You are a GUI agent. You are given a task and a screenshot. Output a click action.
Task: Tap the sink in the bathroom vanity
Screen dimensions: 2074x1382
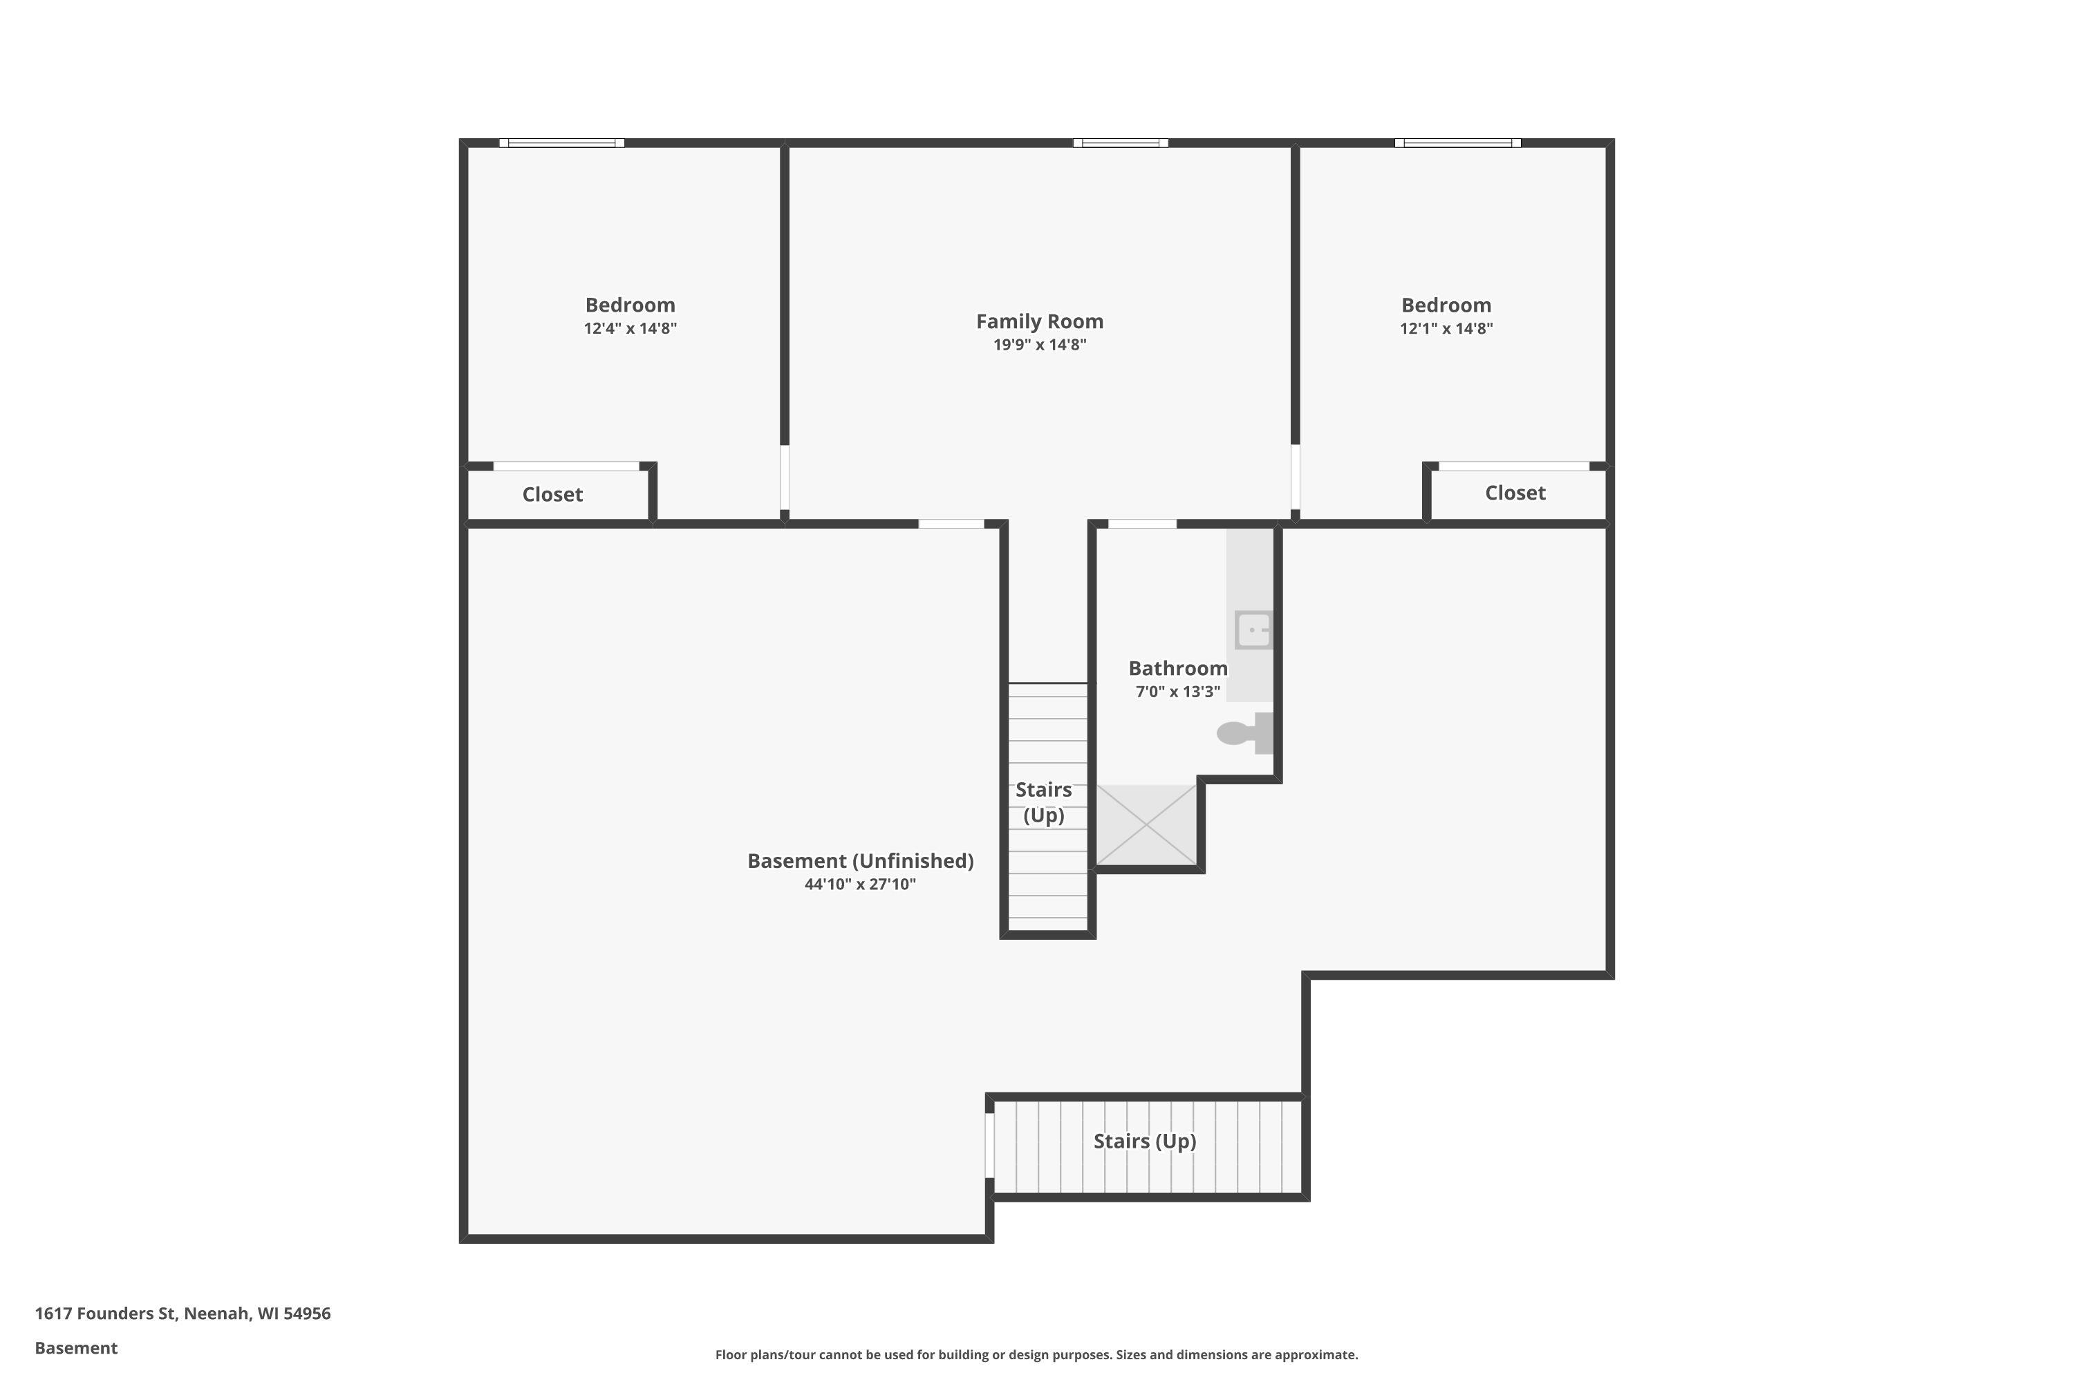click(1253, 630)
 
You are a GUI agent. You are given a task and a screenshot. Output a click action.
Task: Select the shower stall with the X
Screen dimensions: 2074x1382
click(1146, 825)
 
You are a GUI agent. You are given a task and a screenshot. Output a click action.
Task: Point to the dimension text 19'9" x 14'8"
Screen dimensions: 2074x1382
click(1040, 345)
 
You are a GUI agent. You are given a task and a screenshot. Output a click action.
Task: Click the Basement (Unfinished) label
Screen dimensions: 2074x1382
click(861, 861)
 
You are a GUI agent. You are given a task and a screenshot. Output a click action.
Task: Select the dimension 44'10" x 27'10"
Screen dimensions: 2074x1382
click(860, 884)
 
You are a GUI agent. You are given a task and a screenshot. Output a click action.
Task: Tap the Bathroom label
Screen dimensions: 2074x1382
click(1178, 668)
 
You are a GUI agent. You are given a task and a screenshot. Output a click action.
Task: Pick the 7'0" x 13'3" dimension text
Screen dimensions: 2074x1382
click(1178, 692)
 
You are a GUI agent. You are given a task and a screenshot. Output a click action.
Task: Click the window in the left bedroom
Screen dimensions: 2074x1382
click(561, 143)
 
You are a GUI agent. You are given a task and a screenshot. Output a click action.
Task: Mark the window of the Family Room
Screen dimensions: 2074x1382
click(1121, 143)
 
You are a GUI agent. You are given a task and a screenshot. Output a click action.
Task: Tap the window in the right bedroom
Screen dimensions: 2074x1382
click(1457, 143)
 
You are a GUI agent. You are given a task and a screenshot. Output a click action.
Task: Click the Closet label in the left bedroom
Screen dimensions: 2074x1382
click(553, 495)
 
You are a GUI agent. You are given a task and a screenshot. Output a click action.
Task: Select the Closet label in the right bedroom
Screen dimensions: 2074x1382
click(1515, 493)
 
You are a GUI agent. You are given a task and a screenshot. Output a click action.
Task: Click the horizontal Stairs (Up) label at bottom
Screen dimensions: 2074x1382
click(1145, 1142)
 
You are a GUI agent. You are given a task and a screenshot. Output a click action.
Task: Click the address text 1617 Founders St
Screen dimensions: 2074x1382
click(105, 1314)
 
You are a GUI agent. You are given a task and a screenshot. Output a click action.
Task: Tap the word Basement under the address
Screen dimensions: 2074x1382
click(76, 1347)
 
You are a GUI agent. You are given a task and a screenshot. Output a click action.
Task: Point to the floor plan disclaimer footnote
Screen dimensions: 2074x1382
click(1036, 1354)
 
